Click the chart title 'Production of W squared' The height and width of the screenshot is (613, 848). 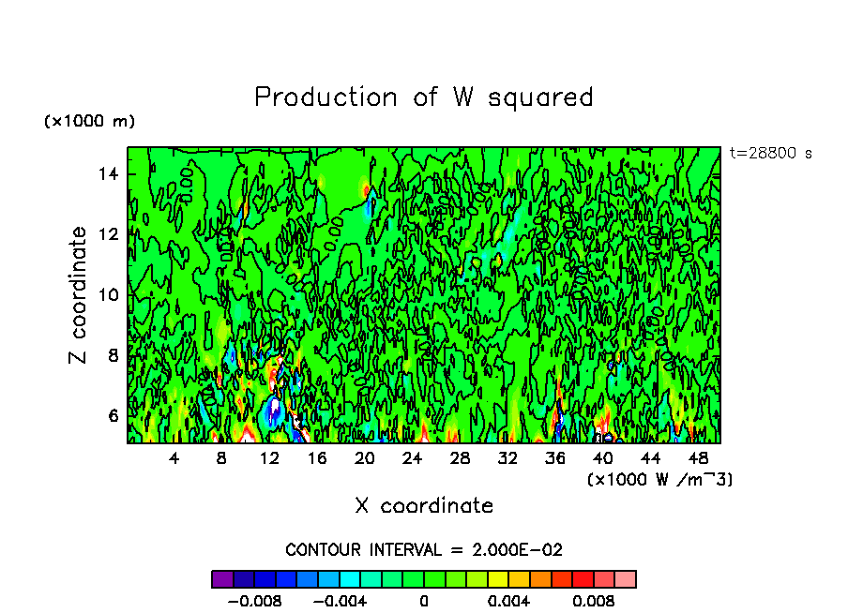(x=424, y=97)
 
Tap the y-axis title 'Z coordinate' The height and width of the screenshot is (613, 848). (x=79, y=294)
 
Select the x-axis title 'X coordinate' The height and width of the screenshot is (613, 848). (x=424, y=506)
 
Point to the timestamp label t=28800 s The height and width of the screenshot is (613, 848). (x=770, y=154)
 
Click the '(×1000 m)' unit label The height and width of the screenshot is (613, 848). (x=89, y=122)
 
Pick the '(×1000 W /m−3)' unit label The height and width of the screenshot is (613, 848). (x=659, y=480)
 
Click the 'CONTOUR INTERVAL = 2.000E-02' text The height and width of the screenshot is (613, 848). (x=424, y=549)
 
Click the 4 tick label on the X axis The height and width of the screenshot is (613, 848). (x=174, y=458)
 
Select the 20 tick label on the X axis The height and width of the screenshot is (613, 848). (x=365, y=458)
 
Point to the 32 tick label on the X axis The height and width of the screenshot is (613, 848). (x=507, y=458)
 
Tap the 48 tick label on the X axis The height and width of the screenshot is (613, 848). (x=698, y=458)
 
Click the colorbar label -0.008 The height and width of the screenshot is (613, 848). (x=254, y=601)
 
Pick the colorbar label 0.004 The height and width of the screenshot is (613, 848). (x=509, y=601)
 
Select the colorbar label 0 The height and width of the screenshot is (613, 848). (x=424, y=601)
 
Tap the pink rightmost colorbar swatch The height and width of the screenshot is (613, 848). (x=626, y=579)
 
